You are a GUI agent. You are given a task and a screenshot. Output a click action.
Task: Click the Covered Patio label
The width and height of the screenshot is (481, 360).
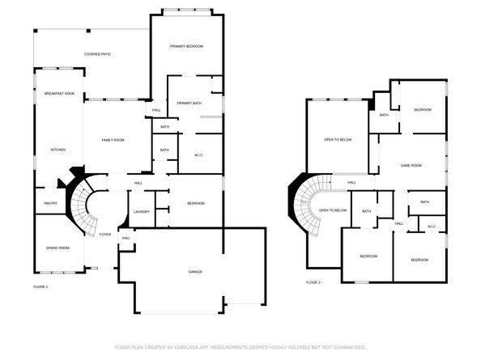tap(97, 54)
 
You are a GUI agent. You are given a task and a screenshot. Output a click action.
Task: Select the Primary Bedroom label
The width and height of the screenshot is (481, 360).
tap(186, 47)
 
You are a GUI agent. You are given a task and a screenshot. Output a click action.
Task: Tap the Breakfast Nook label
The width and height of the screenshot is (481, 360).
tap(59, 94)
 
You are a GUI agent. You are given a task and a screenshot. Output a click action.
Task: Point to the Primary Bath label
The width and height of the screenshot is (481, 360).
tap(189, 103)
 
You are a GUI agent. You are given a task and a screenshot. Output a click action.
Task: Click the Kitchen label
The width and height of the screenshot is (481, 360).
tap(58, 150)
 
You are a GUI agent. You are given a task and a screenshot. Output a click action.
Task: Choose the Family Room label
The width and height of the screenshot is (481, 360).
tap(113, 140)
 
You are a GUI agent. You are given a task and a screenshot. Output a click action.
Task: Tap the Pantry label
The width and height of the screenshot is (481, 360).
tap(50, 203)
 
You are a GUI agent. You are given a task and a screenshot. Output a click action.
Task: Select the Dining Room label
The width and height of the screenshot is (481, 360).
tap(57, 248)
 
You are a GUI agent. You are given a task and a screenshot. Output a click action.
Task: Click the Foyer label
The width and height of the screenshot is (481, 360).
tap(105, 235)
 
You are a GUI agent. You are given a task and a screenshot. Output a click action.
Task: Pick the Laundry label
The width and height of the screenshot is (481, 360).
tap(142, 212)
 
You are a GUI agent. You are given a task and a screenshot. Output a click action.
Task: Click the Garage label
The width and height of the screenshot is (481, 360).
tap(195, 271)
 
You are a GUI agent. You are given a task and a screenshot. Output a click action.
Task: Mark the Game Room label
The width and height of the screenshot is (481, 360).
tap(411, 165)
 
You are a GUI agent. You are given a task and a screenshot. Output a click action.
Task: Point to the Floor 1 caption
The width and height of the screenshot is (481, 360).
tap(40, 287)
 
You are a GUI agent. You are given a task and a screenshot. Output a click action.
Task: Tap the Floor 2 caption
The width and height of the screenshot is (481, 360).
tap(313, 282)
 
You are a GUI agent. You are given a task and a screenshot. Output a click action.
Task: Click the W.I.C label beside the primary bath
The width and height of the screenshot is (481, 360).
tap(198, 155)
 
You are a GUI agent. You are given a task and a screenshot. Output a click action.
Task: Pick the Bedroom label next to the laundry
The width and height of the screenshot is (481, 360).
tap(195, 203)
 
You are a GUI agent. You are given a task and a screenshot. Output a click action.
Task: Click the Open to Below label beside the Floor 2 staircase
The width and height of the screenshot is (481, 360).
tap(332, 210)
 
